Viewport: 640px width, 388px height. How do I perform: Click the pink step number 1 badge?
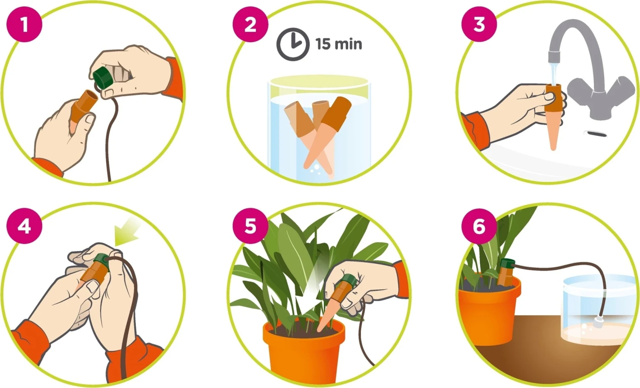[x=24, y=24]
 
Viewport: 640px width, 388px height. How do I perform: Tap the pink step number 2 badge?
[x=250, y=24]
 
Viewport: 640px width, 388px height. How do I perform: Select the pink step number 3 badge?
[x=479, y=24]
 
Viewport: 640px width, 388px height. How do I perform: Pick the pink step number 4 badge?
[x=24, y=226]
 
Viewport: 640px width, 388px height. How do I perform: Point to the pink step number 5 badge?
[x=250, y=226]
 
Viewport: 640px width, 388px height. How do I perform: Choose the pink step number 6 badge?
[x=479, y=226]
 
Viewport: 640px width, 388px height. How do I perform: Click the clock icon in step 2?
[x=293, y=44]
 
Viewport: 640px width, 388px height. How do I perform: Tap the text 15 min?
[x=339, y=44]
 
